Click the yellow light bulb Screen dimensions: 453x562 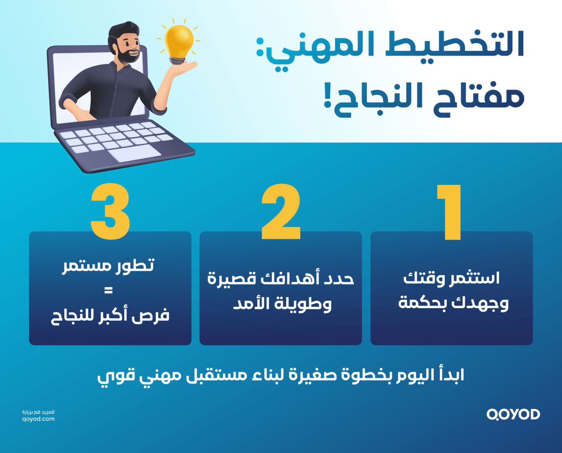pos(179,40)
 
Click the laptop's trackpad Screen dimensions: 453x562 pos(135,153)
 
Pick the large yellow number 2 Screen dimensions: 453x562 pos(281,212)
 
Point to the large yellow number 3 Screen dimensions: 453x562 pos(110,212)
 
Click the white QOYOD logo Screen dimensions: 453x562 pos(513,414)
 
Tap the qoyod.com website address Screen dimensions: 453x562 pos(38,419)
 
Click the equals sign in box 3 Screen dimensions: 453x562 pos(108,290)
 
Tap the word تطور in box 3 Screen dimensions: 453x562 pos(135,265)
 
